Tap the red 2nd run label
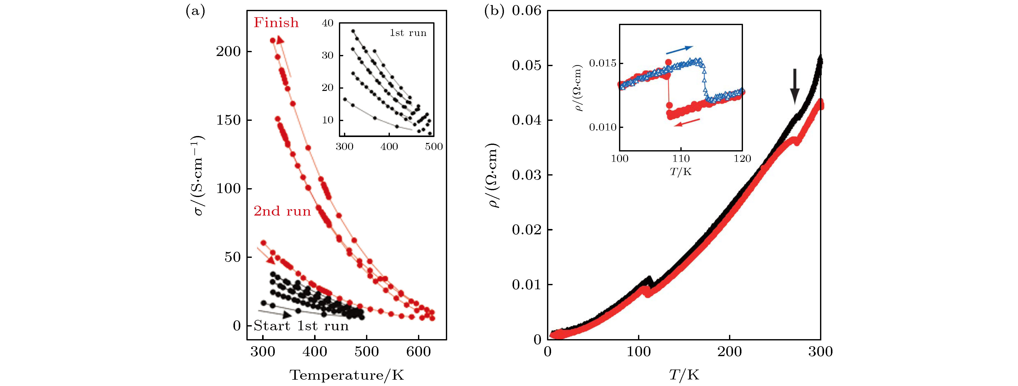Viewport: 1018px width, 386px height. pyautogui.click(x=282, y=211)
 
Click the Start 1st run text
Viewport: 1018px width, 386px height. pyautogui.click(x=301, y=326)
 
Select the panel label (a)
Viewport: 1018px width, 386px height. pyautogui.click(x=195, y=12)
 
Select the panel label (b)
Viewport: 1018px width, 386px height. pyautogui.click(x=494, y=12)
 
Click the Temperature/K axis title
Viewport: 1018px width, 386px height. pyautogui.click(x=347, y=375)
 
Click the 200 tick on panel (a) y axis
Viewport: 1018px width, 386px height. pyautogui.click(x=228, y=51)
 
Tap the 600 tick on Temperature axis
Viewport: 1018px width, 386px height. pyautogui.click(x=419, y=351)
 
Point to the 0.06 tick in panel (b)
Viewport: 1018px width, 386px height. pyautogui.click(x=526, y=10)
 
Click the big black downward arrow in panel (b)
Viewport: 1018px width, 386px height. pyautogui.click(x=795, y=86)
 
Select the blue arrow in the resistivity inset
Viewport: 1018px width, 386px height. pyautogui.click(x=679, y=50)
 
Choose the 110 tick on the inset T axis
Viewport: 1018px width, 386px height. pyautogui.click(x=681, y=159)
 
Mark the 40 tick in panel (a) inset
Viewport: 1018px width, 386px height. pyautogui.click(x=328, y=23)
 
